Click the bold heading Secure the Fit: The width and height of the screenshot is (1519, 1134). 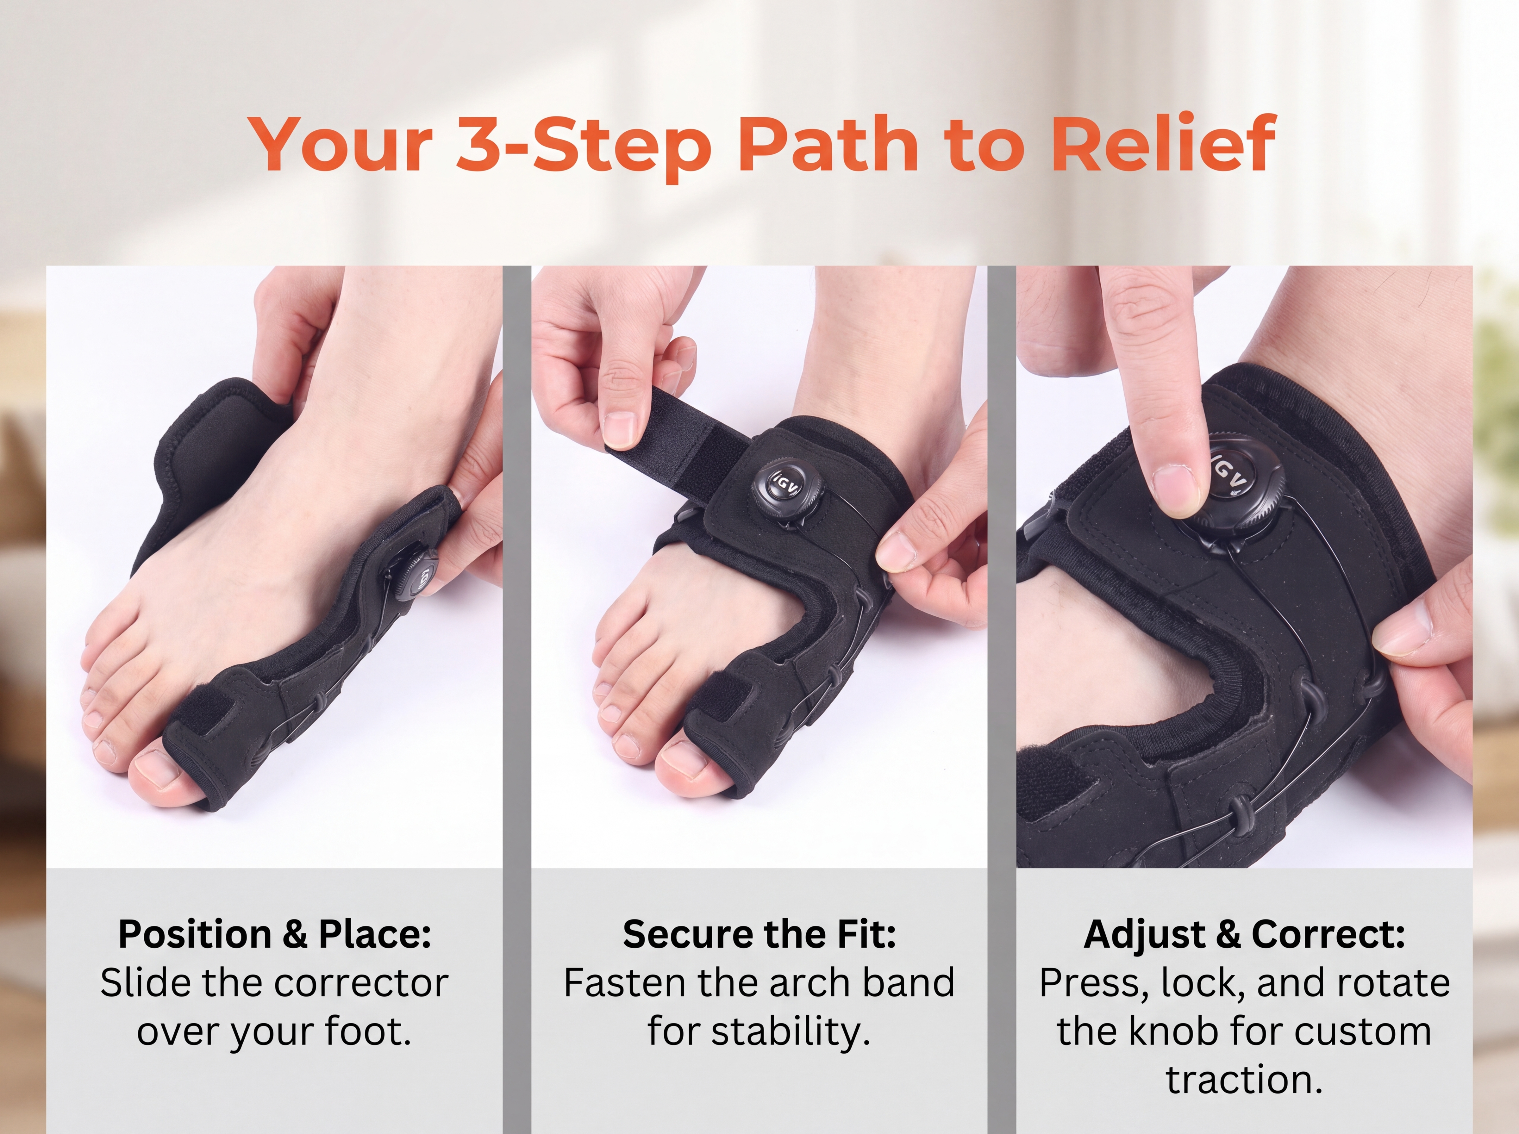(x=759, y=935)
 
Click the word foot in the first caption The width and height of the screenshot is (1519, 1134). (x=371, y=1032)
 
